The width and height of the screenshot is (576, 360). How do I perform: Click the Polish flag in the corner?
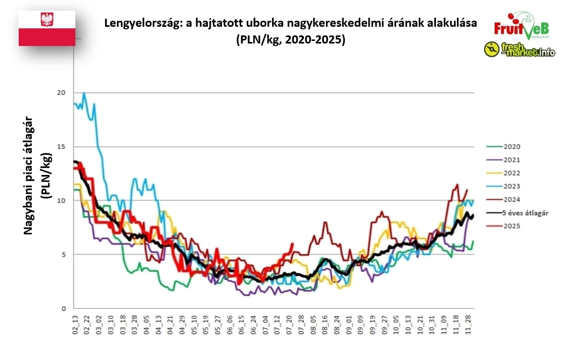[x=47, y=28]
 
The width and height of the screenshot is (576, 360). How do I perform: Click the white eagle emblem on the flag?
[x=47, y=20]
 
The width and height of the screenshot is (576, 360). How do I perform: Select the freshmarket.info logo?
[x=519, y=50]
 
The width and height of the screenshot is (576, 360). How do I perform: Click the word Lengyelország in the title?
[x=138, y=23]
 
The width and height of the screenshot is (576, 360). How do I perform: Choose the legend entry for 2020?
[x=512, y=147]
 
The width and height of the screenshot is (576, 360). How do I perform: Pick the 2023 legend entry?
[x=512, y=186]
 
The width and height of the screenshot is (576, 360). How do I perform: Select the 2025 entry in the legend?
[x=512, y=226]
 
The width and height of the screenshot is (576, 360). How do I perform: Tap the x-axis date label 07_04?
[x=265, y=324]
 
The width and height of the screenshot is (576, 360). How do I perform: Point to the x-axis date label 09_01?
[x=349, y=324]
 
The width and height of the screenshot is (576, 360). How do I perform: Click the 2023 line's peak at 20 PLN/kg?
[x=84, y=93]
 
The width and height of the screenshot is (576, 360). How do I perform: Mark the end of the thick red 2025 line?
[x=292, y=244]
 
